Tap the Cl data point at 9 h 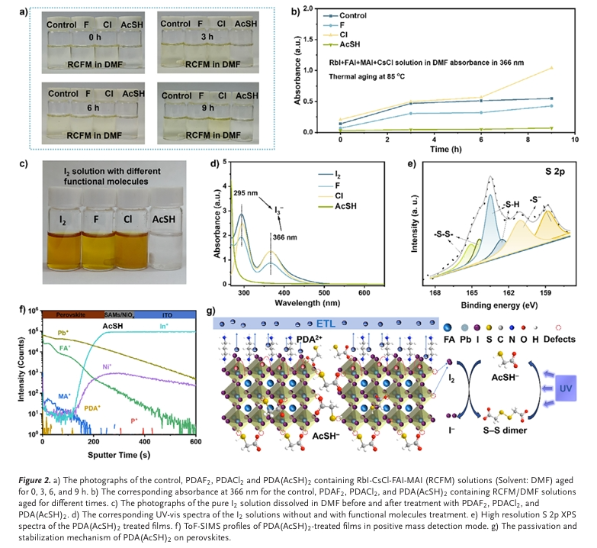(550, 68)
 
